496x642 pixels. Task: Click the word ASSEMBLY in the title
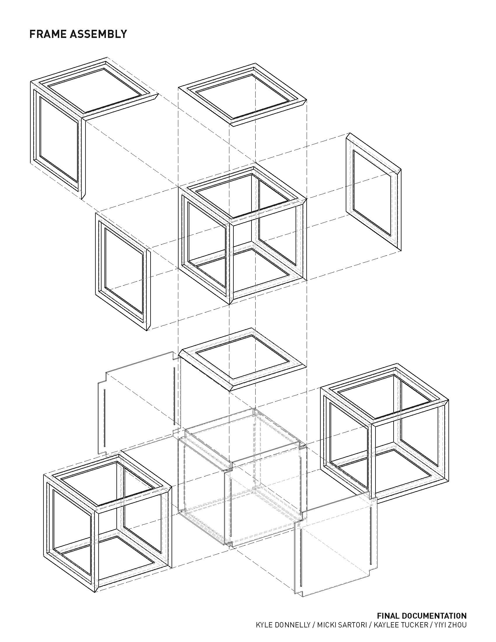(98, 34)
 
